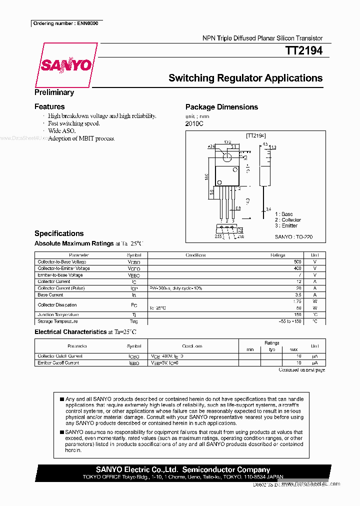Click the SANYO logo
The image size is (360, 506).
[66, 65]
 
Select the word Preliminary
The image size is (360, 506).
[54, 92]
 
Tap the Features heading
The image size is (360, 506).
[49, 106]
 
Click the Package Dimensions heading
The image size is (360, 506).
[221, 107]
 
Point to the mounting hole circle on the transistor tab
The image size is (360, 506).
[227, 156]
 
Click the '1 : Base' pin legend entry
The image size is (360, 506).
[284, 214]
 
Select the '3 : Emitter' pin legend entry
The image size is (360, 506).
[286, 225]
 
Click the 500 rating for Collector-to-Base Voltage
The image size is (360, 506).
[297, 262]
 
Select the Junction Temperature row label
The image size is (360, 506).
[57, 314]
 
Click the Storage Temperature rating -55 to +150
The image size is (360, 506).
[290, 321]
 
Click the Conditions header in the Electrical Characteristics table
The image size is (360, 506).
[192, 346]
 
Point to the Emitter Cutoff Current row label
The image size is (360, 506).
[58, 362]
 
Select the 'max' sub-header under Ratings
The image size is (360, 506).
[293, 349]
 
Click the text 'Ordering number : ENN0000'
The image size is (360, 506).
[65, 23]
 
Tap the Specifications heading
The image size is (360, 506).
[59, 233]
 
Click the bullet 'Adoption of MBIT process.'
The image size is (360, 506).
[81, 138]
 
